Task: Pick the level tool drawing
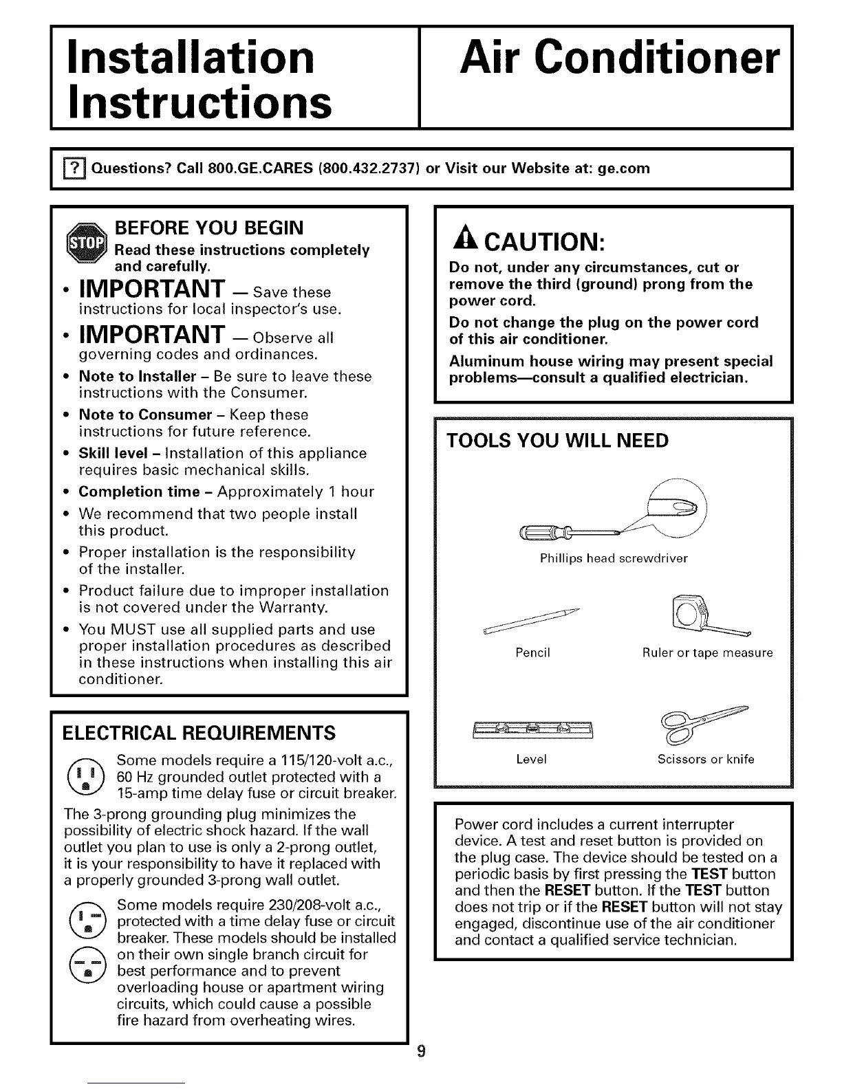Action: point(532,728)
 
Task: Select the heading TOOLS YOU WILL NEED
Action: point(558,441)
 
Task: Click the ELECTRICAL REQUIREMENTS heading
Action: point(199,733)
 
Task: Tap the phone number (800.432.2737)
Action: point(356,168)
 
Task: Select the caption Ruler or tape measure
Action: point(707,652)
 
